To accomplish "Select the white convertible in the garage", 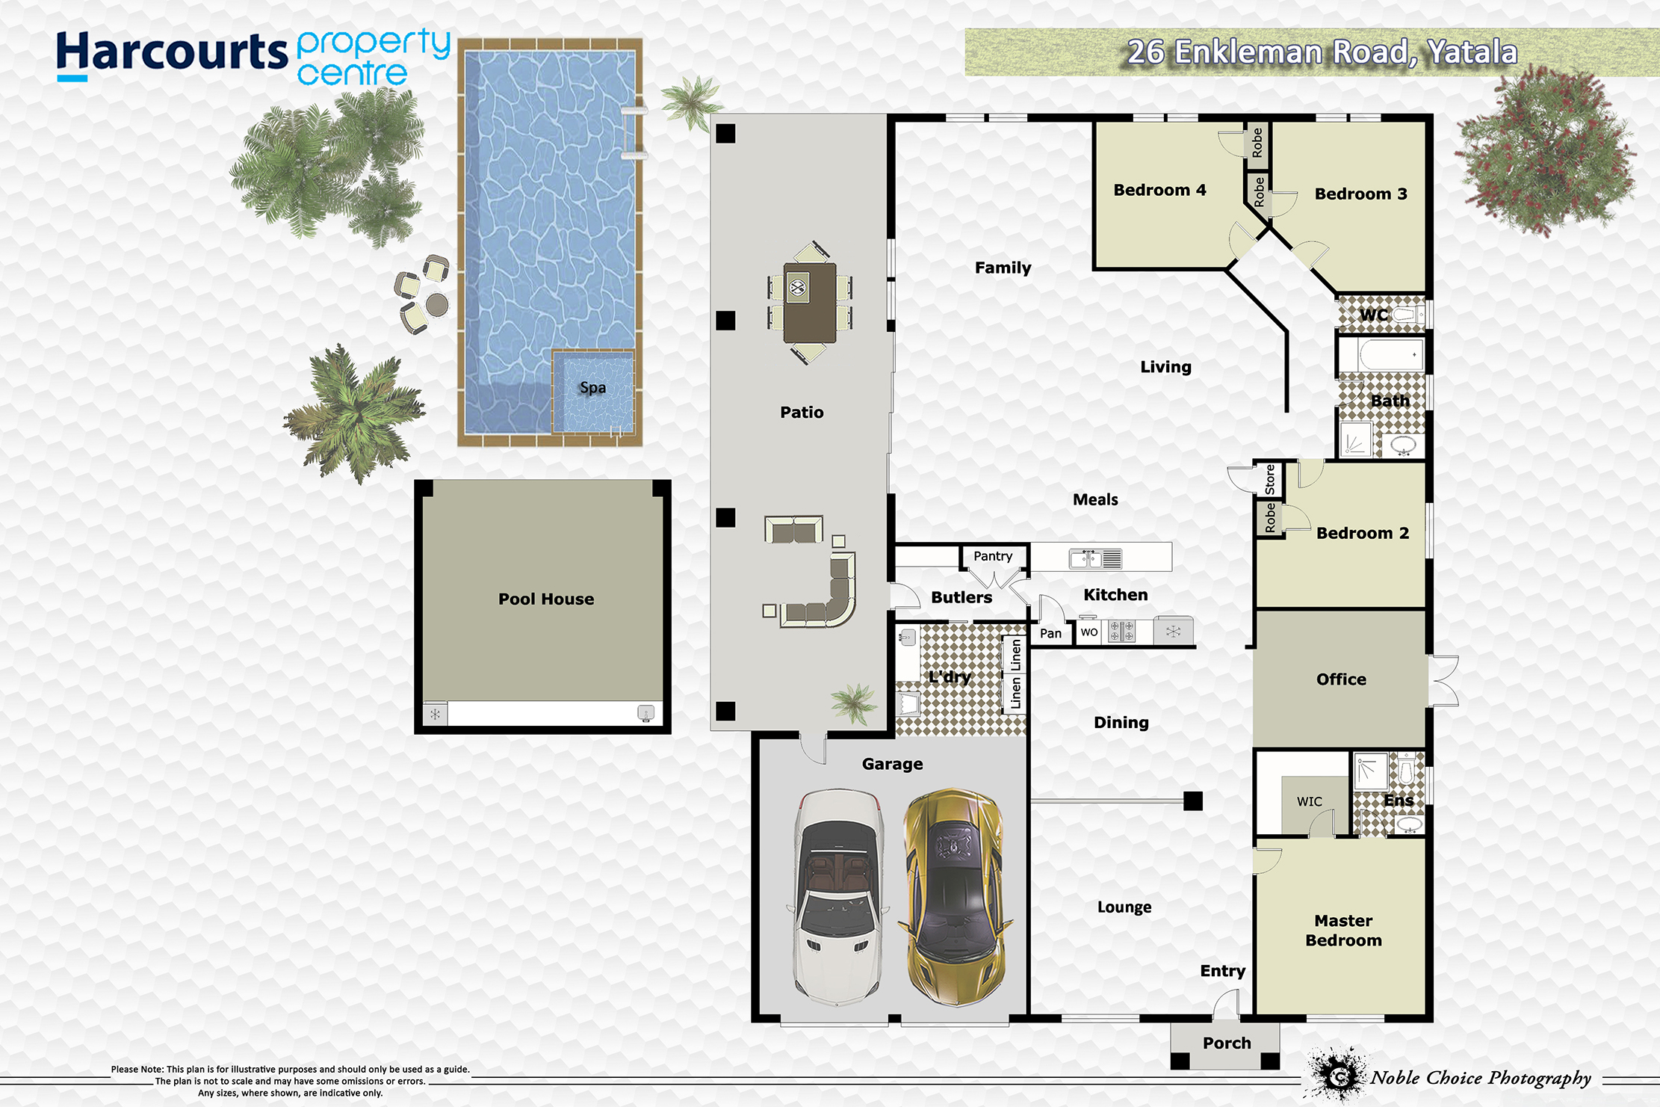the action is pyautogui.click(x=838, y=897).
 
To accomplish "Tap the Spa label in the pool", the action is pyautogui.click(x=592, y=387).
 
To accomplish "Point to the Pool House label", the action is pyautogui.click(x=546, y=599).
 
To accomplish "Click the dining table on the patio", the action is pyautogui.click(x=810, y=303).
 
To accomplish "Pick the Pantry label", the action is pyautogui.click(x=993, y=556).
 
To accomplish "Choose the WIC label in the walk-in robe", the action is pyautogui.click(x=1309, y=801).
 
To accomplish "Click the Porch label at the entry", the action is pyautogui.click(x=1227, y=1043).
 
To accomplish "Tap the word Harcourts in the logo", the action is pyautogui.click(x=172, y=52).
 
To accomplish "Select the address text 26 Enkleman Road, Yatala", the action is pyautogui.click(x=1322, y=52).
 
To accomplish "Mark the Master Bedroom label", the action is pyautogui.click(x=1343, y=931).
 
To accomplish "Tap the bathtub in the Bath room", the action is pyautogui.click(x=1381, y=354).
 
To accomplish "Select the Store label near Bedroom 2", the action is pyautogui.click(x=1270, y=480).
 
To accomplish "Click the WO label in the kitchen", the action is pyautogui.click(x=1089, y=632).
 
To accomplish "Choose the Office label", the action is pyautogui.click(x=1341, y=679).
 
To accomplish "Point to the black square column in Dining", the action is pyautogui.click(x=1193, y=801).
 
